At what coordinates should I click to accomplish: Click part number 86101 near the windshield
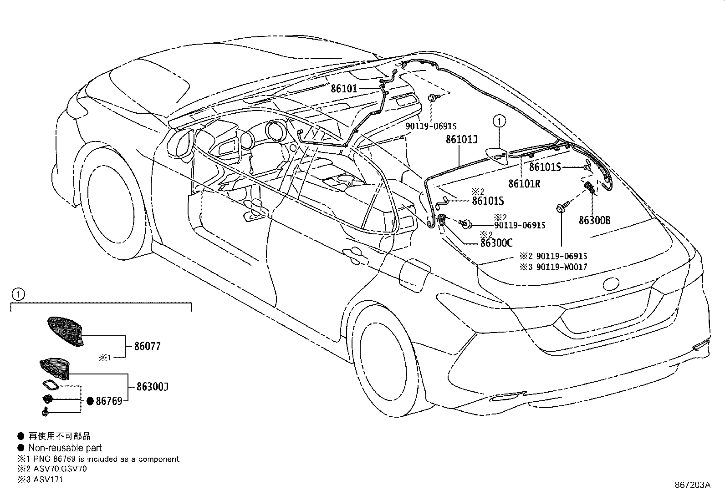(344, 88)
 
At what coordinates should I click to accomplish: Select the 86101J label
(462, 139)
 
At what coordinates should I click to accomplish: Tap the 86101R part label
(524, 184)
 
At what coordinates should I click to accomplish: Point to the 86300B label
(595, 220)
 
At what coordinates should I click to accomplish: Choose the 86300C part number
(496, 243)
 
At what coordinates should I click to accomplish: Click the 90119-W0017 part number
(562, 267)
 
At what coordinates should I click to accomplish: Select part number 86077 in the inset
(148, 346)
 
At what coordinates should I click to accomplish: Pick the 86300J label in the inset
(153, 386)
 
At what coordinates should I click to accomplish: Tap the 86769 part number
(109, 401)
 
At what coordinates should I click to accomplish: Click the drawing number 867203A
(692, 485)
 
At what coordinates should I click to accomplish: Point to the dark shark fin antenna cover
(66, 331)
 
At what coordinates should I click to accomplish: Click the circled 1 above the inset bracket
(18, 294)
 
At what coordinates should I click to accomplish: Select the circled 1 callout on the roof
(499, 121)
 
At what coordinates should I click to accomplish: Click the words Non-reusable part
(65, 448)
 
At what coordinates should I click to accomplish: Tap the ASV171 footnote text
(48, 480)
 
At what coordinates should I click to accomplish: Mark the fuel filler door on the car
(415, 276)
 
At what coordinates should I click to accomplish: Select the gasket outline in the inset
(51, 385)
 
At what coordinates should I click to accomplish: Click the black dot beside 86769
(90, 401)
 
